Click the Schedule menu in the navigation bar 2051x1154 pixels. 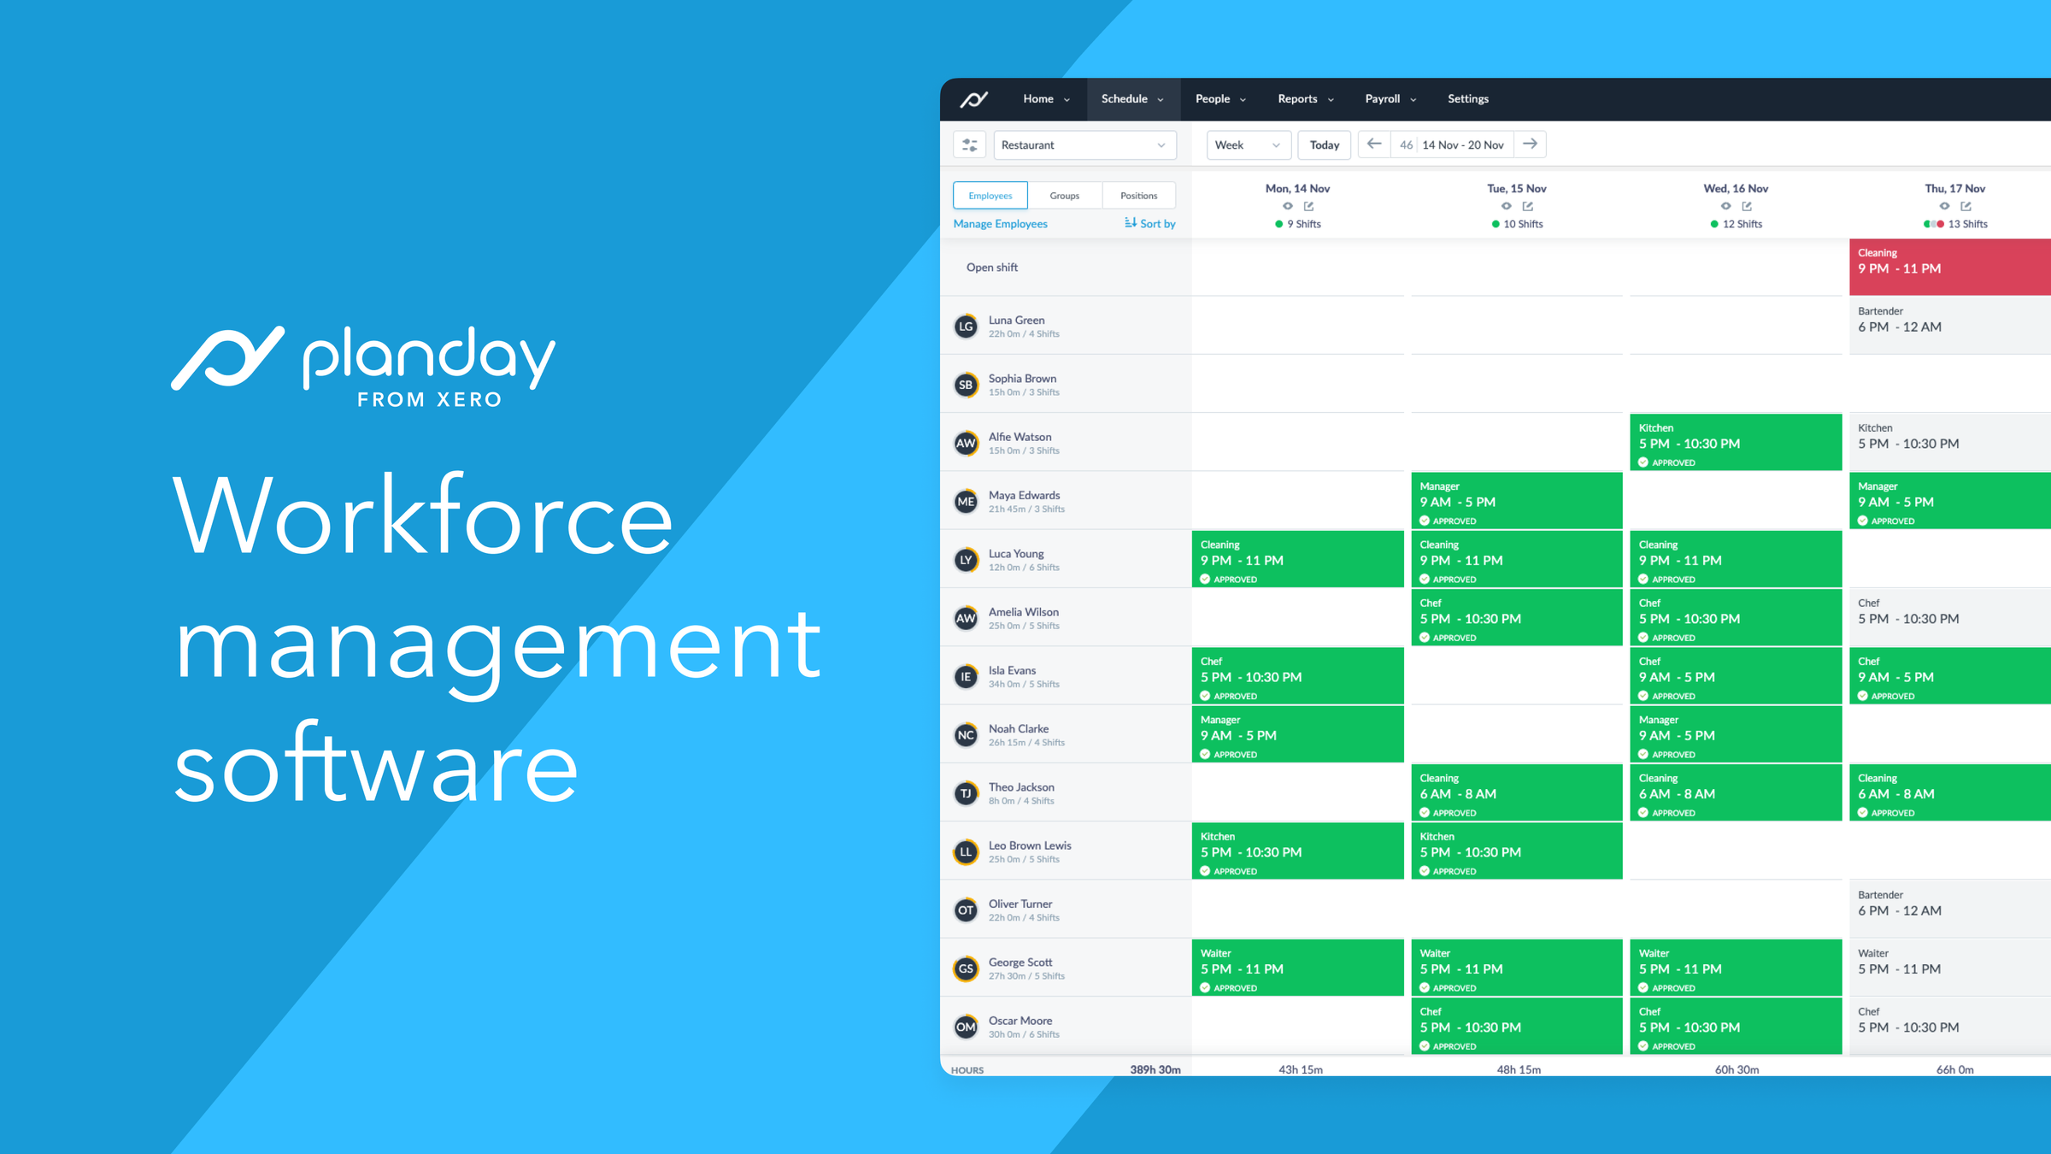point(1132,99)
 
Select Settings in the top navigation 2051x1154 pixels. point(1468,99)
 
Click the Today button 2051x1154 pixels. point(1325,145)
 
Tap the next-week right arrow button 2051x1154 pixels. point(1530,144)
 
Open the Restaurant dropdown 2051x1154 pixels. point(1084,145)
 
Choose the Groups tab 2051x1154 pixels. point(1065,196)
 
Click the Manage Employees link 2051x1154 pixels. point(1000,224)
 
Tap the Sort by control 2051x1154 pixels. point(1150,224)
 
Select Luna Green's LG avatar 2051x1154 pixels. point(966,327)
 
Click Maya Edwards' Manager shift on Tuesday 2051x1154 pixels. point(1517,501)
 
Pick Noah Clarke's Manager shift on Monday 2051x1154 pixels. point(1298,734)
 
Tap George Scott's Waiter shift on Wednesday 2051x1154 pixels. point(1736,968)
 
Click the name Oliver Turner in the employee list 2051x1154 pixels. point(1020,904)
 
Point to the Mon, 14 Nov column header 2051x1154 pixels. point(1297,189)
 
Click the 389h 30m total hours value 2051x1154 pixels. point(1155,1069)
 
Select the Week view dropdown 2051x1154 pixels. point(1249,145)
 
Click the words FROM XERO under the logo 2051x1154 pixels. point(429,400)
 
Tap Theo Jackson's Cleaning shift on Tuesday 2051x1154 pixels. point(1517,792)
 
